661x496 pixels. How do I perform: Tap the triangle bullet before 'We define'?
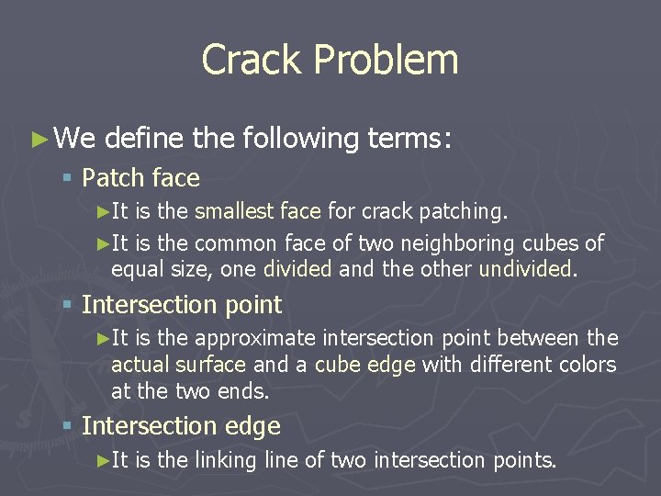[38, 140]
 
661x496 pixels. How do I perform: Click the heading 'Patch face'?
[140, 177]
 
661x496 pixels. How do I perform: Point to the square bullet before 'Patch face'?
[68, 178]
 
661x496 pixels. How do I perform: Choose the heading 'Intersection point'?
[182, 304]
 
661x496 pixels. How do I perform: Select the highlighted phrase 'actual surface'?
[178, 365]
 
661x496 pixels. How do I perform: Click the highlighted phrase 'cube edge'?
[364, 365]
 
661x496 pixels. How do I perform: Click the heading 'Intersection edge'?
[181, 426]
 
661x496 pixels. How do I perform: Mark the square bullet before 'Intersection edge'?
[68, 427]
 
